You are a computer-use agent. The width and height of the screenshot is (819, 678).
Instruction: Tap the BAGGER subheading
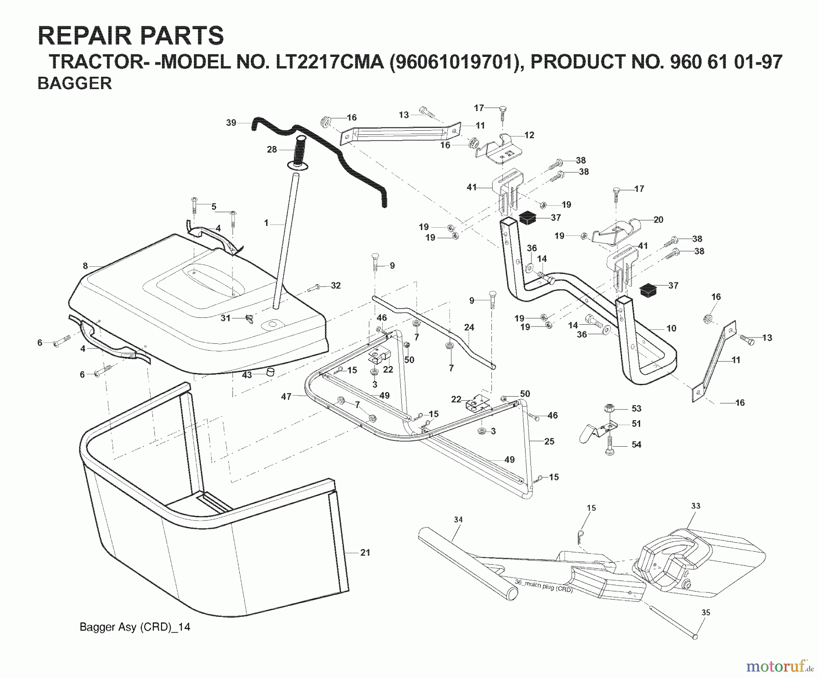tap(75, 84)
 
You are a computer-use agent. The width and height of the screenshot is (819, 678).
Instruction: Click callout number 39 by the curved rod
tap(231, 122)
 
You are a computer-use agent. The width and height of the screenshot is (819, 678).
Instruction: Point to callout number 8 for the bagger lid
tap(85, 265)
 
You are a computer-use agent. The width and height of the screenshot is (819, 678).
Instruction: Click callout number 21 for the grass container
tap(365, 552)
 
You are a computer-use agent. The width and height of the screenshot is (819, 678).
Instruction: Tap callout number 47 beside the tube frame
tap(286, 397)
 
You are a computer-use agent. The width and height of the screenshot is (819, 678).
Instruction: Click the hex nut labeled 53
tap(608, 408)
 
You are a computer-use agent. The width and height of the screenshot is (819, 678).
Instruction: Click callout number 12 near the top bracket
tap(529, 135)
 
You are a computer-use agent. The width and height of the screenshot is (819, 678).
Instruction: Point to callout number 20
tap(658, 219)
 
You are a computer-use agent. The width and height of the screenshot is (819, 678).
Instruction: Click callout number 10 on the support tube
tap(671, 328)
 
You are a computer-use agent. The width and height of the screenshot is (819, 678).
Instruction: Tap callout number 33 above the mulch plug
tap(696, 505)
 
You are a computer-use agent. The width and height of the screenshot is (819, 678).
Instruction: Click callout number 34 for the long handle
tap(458, 519)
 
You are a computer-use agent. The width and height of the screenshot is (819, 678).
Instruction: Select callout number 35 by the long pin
tap(705, 612)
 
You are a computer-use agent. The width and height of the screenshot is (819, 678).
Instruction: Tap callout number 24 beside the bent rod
tap(469, 327)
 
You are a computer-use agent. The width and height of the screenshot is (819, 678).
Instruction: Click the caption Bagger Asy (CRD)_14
tap(135, 627)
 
